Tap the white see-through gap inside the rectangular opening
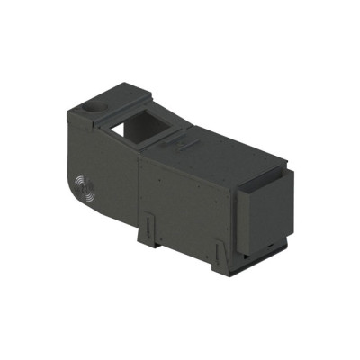coord(120,130)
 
